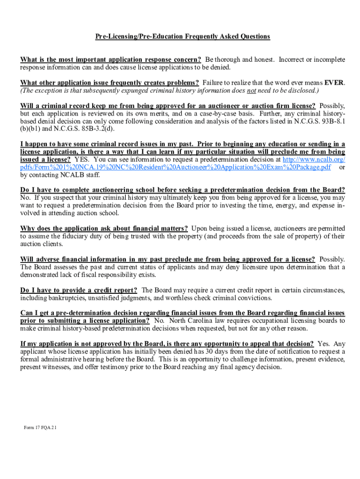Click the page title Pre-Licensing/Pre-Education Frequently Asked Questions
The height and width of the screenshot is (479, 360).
[183, 36]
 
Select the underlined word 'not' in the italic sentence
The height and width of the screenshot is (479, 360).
[252, 90]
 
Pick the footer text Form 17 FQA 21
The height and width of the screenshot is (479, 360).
[41, 427]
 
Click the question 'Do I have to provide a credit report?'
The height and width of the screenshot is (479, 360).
[79, 290]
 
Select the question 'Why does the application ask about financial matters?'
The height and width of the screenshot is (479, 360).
[104, 228]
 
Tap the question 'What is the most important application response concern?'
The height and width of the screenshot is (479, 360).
[110, 60]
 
